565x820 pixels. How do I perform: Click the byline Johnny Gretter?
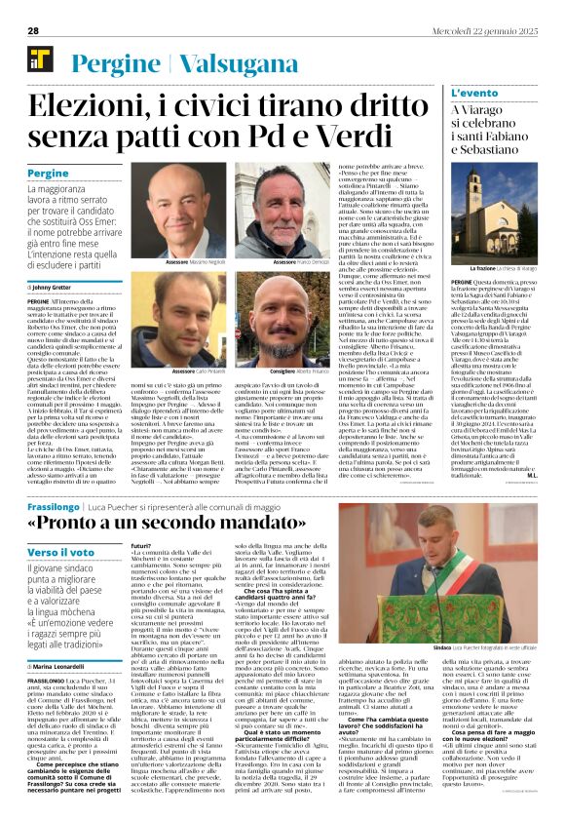click(58, 287)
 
